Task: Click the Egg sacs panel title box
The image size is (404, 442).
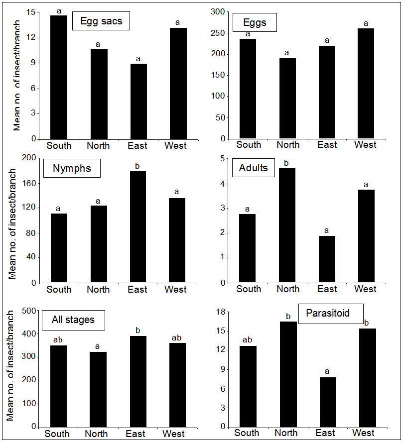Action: pyautogui.click(x=101, y=21)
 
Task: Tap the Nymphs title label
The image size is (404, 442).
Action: pyautogui.click(x=72, y=168)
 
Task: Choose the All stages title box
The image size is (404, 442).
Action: pyautogui.click(x=73, y=320)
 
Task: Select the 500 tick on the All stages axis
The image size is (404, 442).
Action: pyautogui.click(x=30, y=311)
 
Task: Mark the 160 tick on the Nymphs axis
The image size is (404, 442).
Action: pyautogui.click(x=30, y=183)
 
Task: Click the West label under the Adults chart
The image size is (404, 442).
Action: pyautogui.click(x=365, y=289)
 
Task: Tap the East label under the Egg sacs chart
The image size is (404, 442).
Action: pyautogui.click(x=137, y=146)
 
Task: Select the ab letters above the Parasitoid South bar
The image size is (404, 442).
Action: pyautogui.click(x=247, y=339)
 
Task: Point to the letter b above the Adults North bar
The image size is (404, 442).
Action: pyautogui.click(x=286, y=163)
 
